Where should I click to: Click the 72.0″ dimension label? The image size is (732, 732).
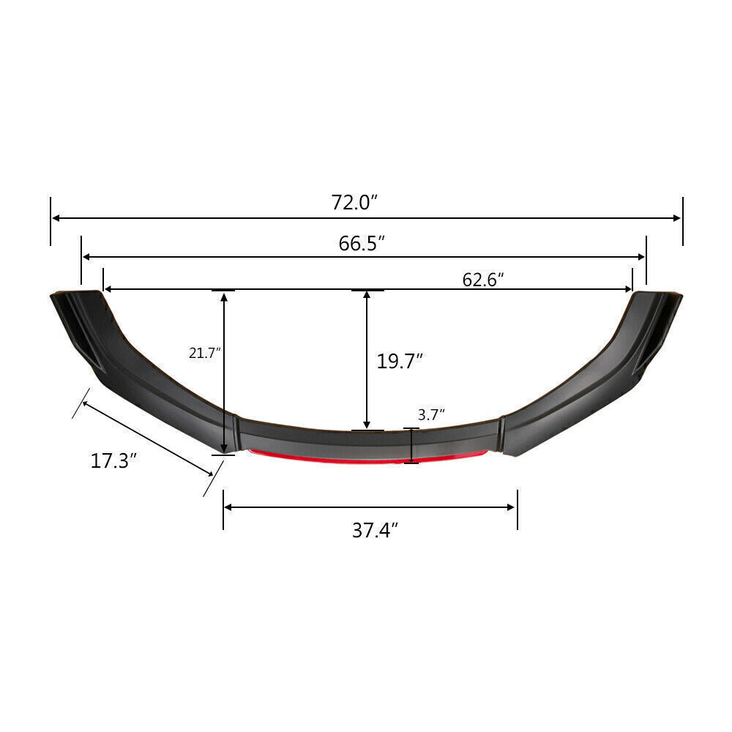354,202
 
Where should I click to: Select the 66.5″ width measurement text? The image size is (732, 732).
362,244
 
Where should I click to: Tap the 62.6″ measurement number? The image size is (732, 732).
483,279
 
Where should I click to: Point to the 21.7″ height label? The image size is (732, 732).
204,352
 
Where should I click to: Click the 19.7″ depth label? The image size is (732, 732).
400,361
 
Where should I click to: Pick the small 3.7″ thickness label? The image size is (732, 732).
431,415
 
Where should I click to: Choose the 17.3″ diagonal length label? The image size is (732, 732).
114,461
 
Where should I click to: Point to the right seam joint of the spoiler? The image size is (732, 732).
502,433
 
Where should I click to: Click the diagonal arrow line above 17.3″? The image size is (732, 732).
146,437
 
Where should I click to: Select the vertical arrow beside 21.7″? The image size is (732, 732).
224,372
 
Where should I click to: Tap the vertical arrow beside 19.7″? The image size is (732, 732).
367,360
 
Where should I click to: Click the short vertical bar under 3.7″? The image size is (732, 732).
411,446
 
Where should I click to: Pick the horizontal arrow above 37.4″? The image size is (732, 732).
370,507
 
